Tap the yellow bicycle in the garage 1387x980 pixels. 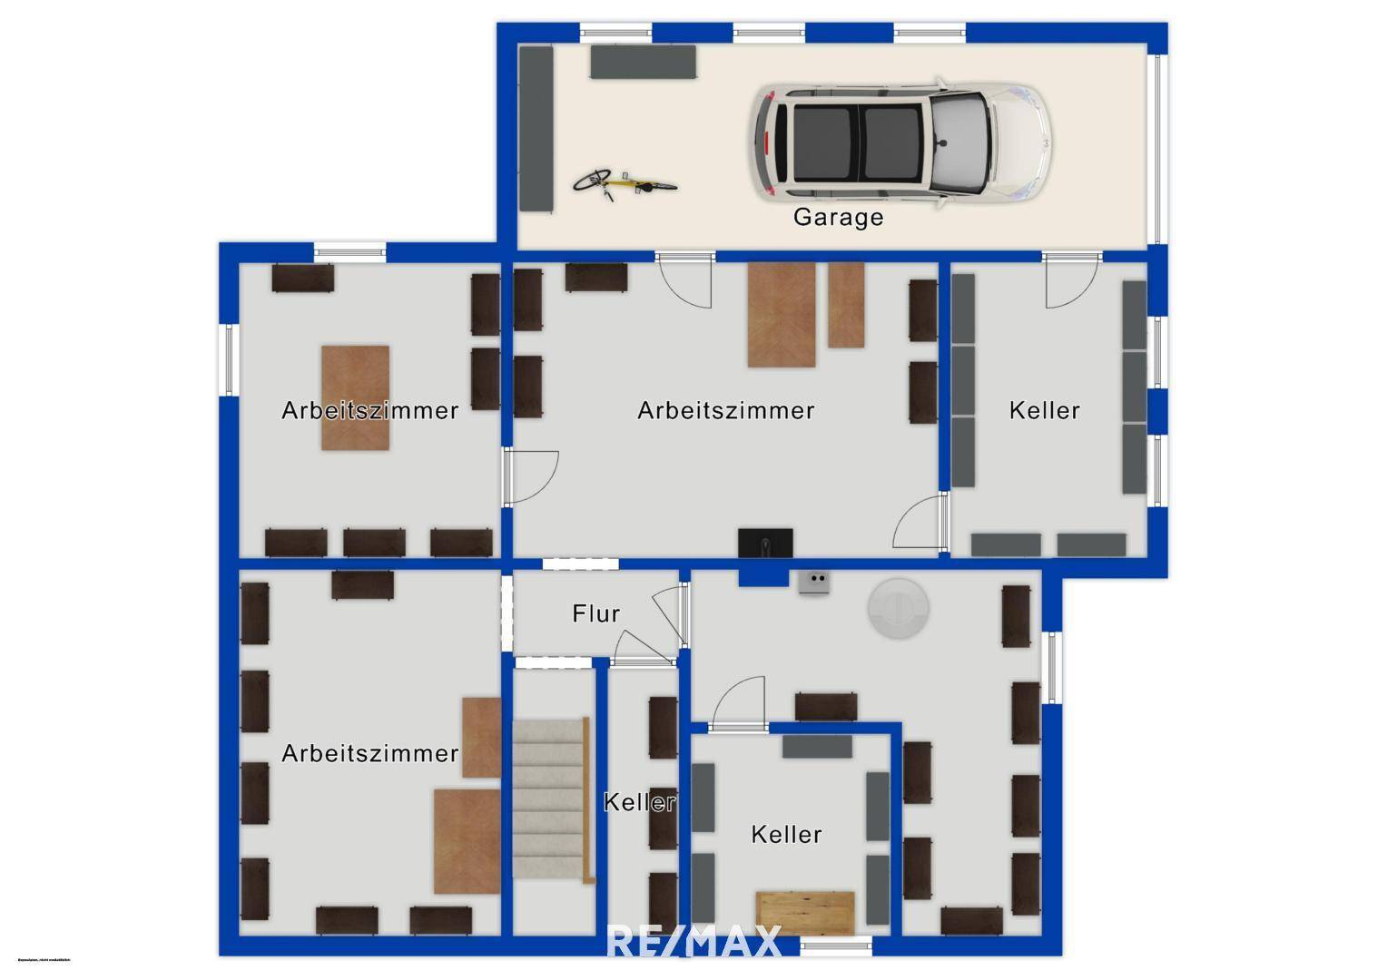tap(624, 182)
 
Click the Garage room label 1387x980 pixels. tap(838, 218)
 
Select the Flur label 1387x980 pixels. tap(596, 614)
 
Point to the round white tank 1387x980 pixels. tap(898, 608)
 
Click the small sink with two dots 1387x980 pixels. tap(815, 582)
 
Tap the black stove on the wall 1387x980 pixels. tap(765, 543)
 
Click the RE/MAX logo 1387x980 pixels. tap(693, 941)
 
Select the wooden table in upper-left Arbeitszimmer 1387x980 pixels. tap(356, 397)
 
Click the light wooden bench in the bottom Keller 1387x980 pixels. tap(805, 912)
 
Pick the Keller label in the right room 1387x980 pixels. tap(1044, 411)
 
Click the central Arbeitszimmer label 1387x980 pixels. tap(725, 411)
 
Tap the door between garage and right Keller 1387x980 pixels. tap(1071, 281)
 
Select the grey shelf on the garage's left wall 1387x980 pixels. tap(536, 129)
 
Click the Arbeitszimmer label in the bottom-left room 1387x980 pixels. tap(369, 754)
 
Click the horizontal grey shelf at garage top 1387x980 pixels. tap(643, 62)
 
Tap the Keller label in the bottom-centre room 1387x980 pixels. tap(786, 835)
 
